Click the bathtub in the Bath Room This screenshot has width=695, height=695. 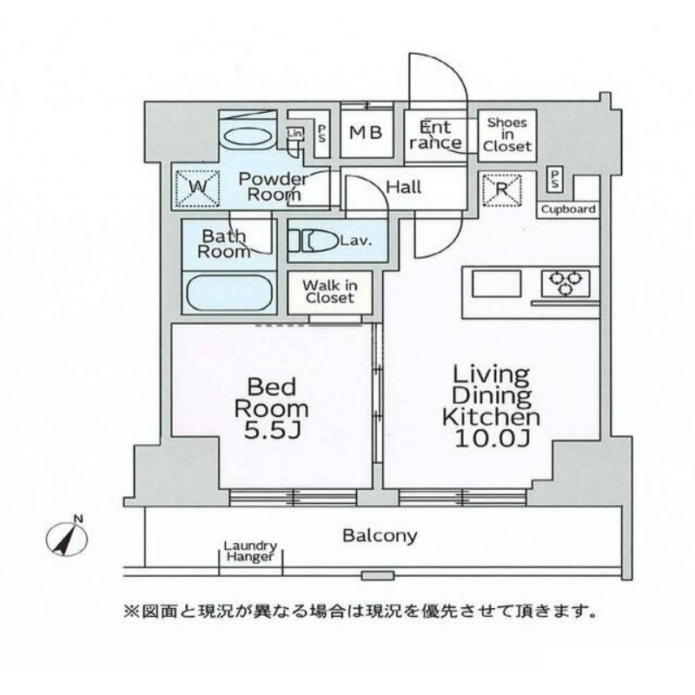pyautogui.click(x=229, y=291)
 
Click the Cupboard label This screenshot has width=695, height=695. pyautogui.click(x=569, y=209)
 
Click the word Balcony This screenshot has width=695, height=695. pyautogui.click(x=380, y=535)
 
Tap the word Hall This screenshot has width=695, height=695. pyautogui.click(x=404, y=187)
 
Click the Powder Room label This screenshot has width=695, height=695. pyautogui.click(x=274, y=187)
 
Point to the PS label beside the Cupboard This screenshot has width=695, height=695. pyautogui.click(x=554, y=179)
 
